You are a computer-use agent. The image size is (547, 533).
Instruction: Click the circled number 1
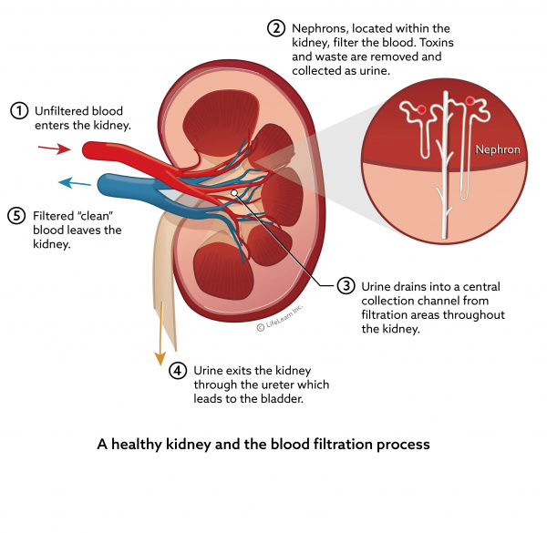(18, 110)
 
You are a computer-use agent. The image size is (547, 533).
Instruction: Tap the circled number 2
(275, 27)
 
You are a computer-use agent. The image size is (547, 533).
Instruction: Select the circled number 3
(346, 286)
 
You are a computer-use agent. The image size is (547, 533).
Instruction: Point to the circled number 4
(179, 370)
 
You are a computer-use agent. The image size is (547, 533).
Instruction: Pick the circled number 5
(18, 216)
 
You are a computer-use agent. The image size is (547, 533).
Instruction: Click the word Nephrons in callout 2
(321, 27)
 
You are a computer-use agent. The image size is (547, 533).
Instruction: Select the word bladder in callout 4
(279, 399)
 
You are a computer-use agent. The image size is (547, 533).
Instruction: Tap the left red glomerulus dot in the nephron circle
(421, 110)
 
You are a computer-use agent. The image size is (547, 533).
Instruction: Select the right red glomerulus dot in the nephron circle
(470, 100)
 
